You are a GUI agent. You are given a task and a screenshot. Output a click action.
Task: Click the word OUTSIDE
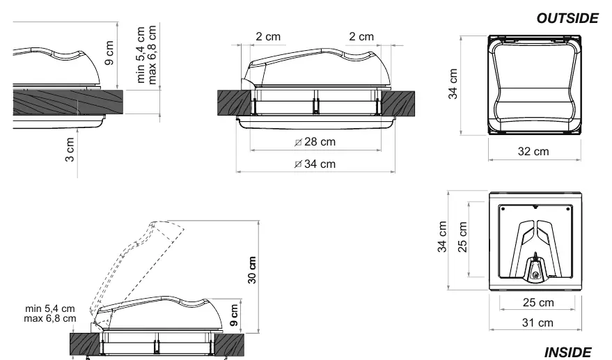click(567, 18)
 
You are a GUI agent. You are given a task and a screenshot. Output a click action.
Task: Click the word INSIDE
click(568, 352)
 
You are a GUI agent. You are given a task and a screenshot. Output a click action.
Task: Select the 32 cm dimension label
click(533, 152)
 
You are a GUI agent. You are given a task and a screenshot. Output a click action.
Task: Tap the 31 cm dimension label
click(538, 323)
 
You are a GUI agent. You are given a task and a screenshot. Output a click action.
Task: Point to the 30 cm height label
click(252, 269)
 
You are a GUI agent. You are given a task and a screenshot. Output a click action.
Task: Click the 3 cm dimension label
click(70, 149)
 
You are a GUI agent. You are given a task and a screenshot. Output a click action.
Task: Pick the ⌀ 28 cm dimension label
click(315, 142)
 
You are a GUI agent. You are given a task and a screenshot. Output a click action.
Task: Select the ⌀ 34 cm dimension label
click(315, 164)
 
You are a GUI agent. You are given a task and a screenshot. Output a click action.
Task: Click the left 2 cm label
click(268, 37)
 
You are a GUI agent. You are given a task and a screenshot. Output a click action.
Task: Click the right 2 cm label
click(361, 37)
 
